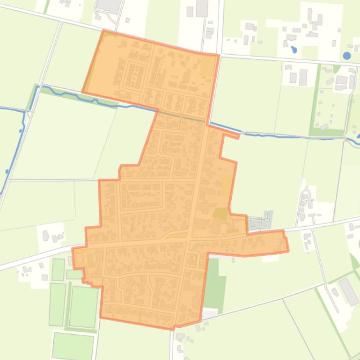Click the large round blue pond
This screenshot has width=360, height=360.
pos(346,56)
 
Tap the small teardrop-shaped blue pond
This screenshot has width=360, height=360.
pos(294,49)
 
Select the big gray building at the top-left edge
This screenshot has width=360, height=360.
pos(108,6)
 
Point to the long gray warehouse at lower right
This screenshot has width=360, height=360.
pos(348,291)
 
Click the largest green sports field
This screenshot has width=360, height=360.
pos(83,307)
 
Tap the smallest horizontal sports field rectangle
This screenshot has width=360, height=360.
pos(73,274)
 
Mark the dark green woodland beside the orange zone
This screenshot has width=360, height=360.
pos(215,285)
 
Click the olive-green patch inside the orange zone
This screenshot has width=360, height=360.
pos(220,214)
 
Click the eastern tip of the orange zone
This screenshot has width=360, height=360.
pos(286,245)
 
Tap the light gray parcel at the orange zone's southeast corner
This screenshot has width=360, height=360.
pos(209,314)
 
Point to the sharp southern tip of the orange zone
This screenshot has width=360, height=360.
pos(174,329)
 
